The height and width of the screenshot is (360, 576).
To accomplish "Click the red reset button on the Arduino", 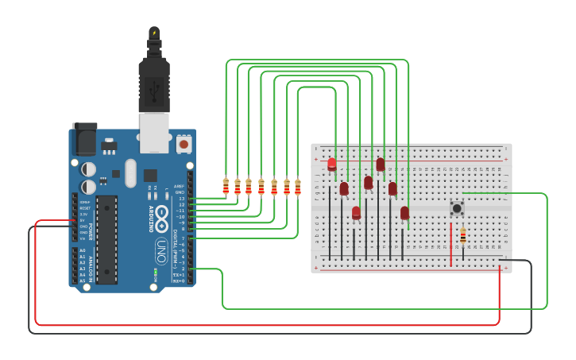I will pyautogui.click(x=184, y=144).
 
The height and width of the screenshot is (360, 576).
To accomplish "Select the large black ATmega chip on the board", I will pyautogui.click(x=107, y=238).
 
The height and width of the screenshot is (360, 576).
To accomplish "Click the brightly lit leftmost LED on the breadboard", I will pyautogui.click(x=332, y=165).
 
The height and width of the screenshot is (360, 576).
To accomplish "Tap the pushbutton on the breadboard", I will pyautogui.click(x=457, y=208).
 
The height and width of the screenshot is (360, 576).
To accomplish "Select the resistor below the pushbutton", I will pyautogui.click(x=463, y=236).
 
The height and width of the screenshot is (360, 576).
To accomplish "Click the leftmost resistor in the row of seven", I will pyautogui.click(x=226, y=187).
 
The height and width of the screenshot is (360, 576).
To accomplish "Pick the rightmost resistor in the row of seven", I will pyautogui.click(x=298, y=188).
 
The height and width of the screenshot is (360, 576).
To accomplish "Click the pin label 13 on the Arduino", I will pyautogui.click(x=181, y=199).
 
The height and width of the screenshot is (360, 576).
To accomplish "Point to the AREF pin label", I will pyautogui.click(x=180, y=186).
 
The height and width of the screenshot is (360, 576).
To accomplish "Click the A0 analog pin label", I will pyautogui.click(x=82, y=250).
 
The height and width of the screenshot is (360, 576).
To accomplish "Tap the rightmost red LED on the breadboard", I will pyautogui.click(x=404, y=212).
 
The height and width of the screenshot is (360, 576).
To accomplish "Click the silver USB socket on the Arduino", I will pyautogui.click(x=154, y=132).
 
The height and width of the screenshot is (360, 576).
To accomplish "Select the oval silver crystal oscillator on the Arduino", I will pyautogui.click(x=130, y=173).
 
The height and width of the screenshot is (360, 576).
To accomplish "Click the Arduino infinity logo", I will pyautogui.click(x=161, y=215).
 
